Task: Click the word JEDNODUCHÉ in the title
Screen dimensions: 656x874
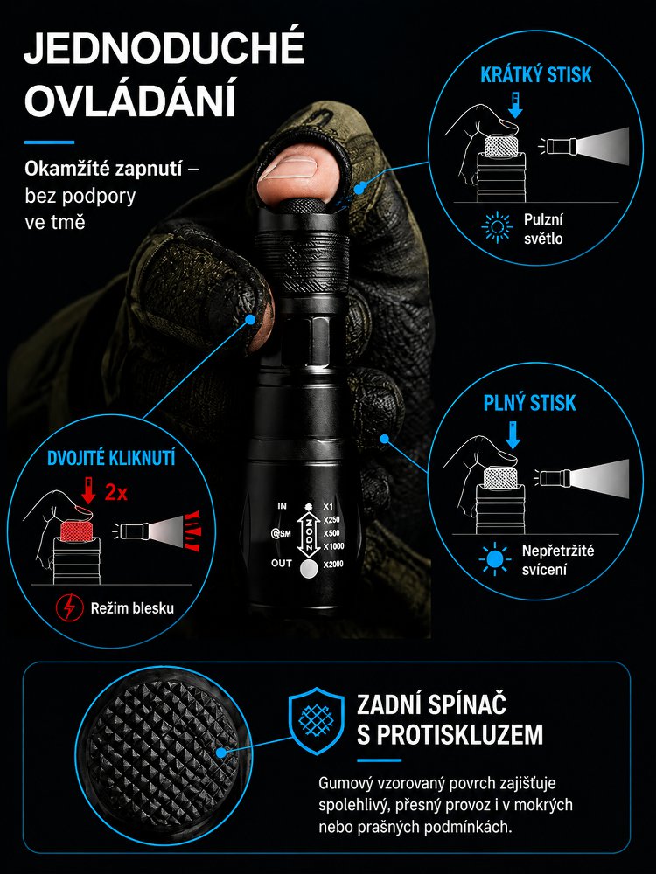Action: point(164,48)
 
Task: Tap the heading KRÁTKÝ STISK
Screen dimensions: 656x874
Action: point(535,75)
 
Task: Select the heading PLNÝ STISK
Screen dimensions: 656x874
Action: point(529,403)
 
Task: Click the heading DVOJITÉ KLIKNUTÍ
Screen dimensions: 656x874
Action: point(111,458)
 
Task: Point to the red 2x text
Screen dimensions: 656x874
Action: point(116,493)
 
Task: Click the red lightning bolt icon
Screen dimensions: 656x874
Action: point(70,607)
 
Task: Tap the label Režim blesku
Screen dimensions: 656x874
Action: point(132,608)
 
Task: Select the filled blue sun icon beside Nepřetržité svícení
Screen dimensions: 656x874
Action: point(495,559)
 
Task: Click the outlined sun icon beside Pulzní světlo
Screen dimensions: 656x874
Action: point(497,228)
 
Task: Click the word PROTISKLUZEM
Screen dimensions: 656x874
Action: point(450,735)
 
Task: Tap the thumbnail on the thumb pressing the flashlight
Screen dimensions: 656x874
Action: point(289,170)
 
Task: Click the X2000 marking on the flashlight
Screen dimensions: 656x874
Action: point(333,564)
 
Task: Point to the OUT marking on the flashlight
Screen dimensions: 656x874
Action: point(281,563)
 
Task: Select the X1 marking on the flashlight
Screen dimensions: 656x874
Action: point(329,507)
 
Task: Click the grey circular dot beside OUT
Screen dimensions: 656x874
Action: point(309,569)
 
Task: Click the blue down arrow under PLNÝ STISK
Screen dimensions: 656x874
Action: point(512,435)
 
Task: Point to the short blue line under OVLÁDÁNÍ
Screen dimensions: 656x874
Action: point(49,142)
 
